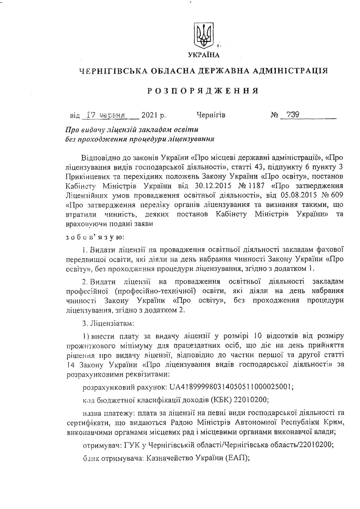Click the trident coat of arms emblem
[203, 36]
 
